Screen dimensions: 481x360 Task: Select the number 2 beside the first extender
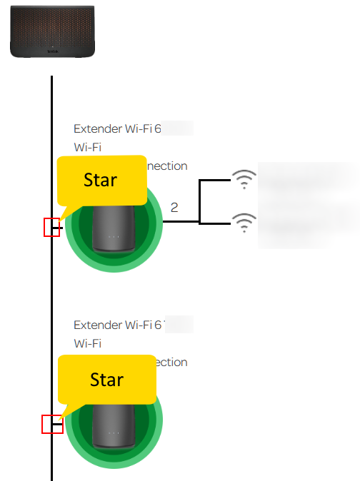(x=174, y=208)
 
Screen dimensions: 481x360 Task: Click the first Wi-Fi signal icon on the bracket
(x=244, y=181)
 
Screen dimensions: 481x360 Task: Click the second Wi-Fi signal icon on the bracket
(x=244, y=223)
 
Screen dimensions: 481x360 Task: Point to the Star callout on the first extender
(x=100, y=180)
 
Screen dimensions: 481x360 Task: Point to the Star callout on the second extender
(x=106, y=380)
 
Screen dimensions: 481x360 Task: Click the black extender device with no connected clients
(x=114, y=424)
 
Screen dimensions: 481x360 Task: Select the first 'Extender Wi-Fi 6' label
(x=119, y=129)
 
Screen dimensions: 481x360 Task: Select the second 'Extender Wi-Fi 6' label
(x=119, y=325)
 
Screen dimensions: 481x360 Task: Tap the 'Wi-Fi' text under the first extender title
(x=88, y=147)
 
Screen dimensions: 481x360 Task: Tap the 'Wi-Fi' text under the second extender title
(x=88, y=343)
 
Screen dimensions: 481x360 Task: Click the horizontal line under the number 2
(x=181, y=222)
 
